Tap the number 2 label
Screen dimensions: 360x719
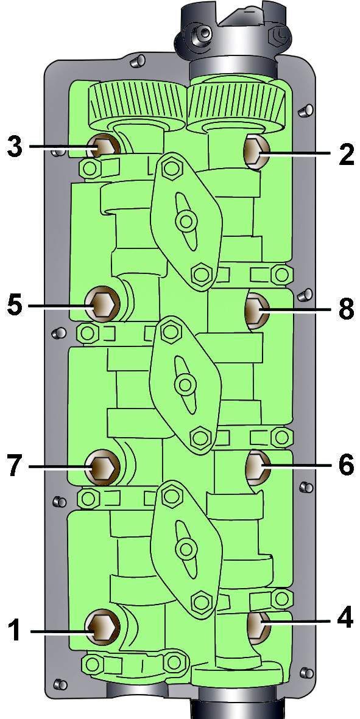pyautogui.click(x=346, y=155)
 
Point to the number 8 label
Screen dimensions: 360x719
pyautogui.click(x=346, y=309)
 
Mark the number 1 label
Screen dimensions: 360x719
pyautogui.click(x=15, y=631)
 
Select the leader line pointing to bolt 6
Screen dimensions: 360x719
pyautogui.click(x=296, y=466)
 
